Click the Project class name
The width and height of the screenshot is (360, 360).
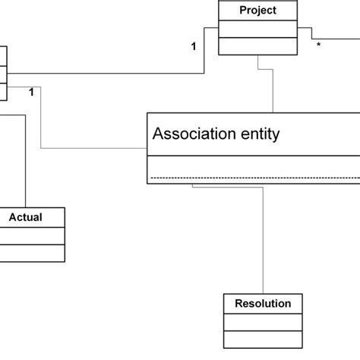pyautogui.click(x=257, y=11)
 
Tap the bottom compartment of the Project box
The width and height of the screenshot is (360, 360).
pyautogui.click(x=257, y=46)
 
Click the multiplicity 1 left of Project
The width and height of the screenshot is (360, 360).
pyautogui.click(x=194, y=46)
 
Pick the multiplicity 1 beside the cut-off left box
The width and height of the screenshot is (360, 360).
pyautogui.click(x=30, y=93)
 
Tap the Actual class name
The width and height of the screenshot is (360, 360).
pyautogui.click(x=25, y=217)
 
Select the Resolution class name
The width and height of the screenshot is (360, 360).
pyautogui.click(x=257, y=304)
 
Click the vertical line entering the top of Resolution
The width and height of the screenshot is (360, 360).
pyautogui.click(x=263, y=243)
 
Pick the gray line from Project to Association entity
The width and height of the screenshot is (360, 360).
pyautogui.click(x=273, y=91)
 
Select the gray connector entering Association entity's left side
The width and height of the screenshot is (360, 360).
pyautogui.click(x=91, y=147)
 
